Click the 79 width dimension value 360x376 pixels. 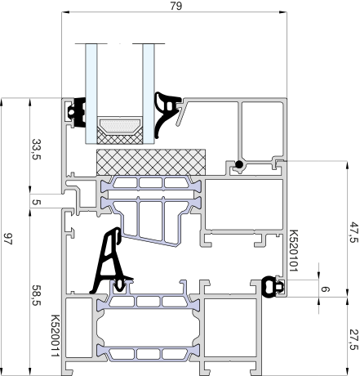point(176,6)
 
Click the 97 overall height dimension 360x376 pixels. point(8,239)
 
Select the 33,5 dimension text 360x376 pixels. point(37,150)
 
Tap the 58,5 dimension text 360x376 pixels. point(37,295)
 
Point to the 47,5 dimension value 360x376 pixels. point(353,232)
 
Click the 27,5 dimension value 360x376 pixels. point(353,339)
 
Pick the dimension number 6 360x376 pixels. point(325,289)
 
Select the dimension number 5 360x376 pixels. point(37,202)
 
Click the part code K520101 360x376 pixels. point(293,251)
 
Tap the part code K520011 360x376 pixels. point(56,336)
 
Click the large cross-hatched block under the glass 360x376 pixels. point(151,162)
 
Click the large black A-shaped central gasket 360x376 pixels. point(110,262)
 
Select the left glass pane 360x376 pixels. point(91,93)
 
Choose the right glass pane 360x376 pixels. point(149,93)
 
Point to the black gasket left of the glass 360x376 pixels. point(77,112)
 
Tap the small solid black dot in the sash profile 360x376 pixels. point(239,164)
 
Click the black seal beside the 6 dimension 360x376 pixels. point(272,287)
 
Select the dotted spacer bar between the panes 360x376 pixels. point(120,126)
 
